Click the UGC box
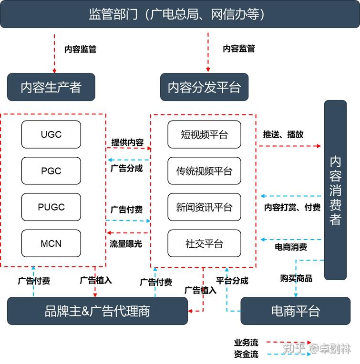click(x=51, y=134)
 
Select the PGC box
click(x=51, y=171)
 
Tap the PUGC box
click(x=51, y=207)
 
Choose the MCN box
click(x=51, y=243)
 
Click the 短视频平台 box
click(x=204, y=134)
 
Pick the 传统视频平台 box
click(x=204, y=171)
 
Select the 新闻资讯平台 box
click(x=204, y=207)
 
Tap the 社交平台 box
click(x=204, y=243)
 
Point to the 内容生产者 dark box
click(x=51, y=87)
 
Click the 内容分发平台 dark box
click(x=204, y=87)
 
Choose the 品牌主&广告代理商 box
click(x=97, y=311)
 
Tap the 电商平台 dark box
click(x=295, y=311)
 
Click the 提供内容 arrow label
click(x=127, y=142)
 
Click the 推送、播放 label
click(x=283, y=134)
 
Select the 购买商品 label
click(x=296, y=278)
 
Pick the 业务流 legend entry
click(x=246, y=343)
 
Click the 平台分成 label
click(x=232, y=281)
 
